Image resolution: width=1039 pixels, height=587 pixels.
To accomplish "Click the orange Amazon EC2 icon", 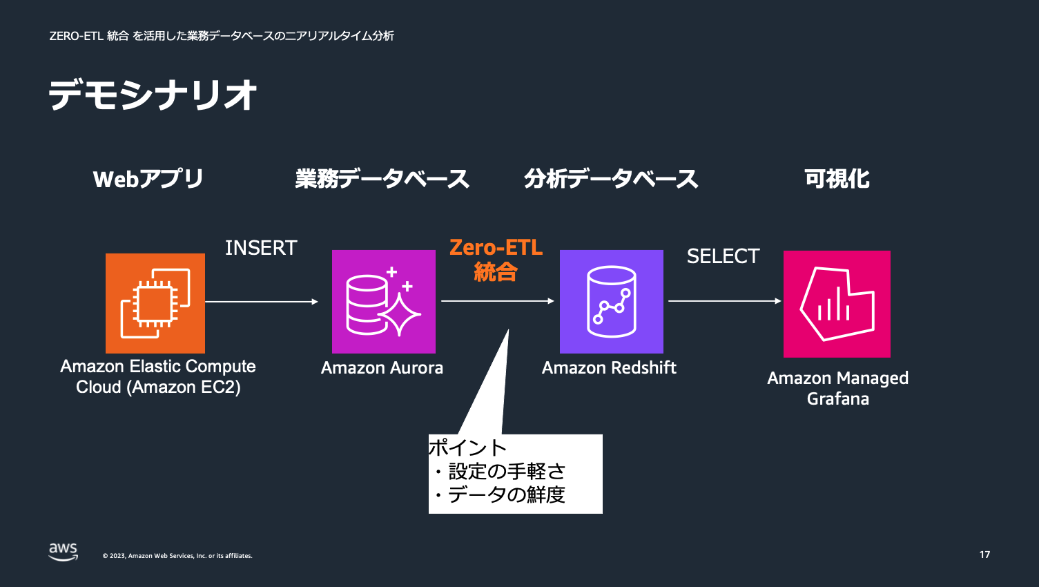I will click(x=155, y=303).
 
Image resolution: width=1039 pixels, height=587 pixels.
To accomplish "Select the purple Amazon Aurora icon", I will click(x=384, y=302).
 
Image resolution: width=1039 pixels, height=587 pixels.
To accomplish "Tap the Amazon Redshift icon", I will click(x=612, y=302).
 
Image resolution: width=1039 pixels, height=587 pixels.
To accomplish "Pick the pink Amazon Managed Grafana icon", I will click(x=837, y=304).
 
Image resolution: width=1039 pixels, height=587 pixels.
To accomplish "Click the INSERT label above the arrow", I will click(x=261, y=248).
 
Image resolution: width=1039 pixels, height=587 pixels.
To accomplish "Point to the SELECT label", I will click(x=723, y=256).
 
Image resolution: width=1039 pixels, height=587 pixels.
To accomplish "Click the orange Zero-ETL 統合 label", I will click(x=496, y=260).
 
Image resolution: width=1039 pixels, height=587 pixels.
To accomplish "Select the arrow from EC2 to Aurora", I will click(x=261, y=302).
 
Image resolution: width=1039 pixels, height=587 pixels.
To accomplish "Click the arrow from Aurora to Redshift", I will click(x=497, y=301).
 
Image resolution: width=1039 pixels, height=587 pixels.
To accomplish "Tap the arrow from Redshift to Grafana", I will click(x=724, y=301).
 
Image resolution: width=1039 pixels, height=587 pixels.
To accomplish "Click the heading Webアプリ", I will click(x=148, y=179).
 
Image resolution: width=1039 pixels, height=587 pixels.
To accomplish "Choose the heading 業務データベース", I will click(x=382, y=179).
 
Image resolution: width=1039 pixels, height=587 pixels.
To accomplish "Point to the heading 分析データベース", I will click(x=611, y=179).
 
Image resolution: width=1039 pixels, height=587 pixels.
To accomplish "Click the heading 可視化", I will click(x=837, y=179).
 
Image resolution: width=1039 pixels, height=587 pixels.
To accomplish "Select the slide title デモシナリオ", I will click(x=153, y=95).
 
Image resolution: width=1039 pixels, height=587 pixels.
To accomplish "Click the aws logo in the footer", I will click(x=63, y=552).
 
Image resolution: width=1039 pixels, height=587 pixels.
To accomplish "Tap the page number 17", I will click(x=984, y=555).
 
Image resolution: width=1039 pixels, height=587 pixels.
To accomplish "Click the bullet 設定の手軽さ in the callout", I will click(x=507, y=472).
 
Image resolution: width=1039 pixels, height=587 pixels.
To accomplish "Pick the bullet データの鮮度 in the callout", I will click(x=506, y=494).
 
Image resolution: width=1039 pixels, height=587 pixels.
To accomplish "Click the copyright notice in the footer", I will click(x=177, y=556).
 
